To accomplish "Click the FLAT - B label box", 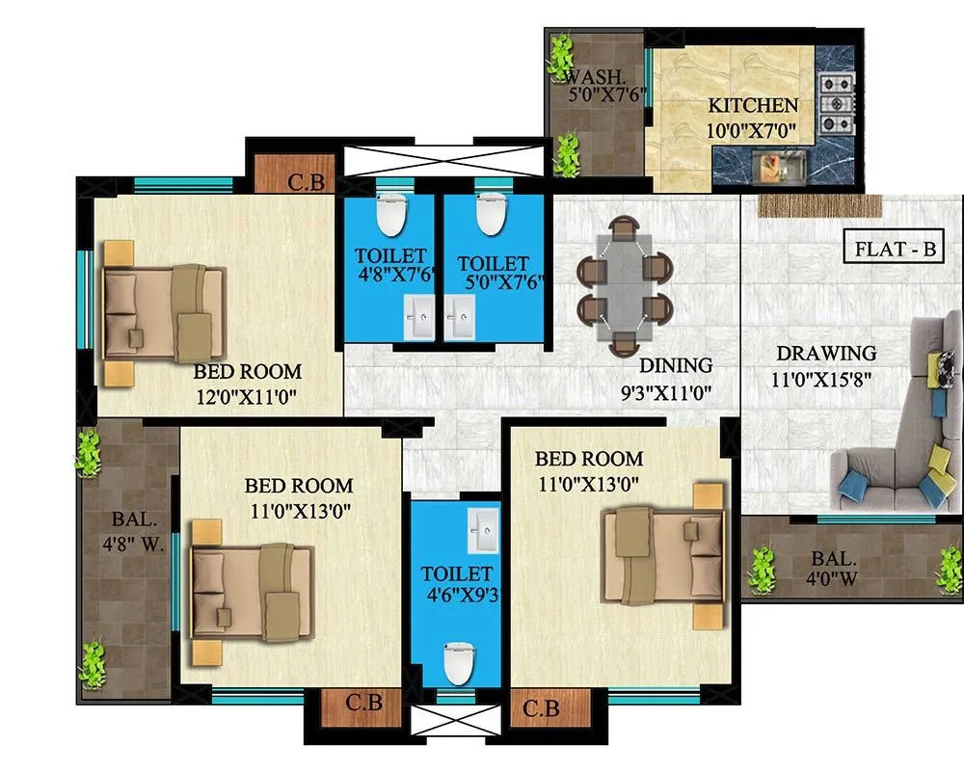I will tap(896, 250).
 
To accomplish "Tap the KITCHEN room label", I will tap(753, 106).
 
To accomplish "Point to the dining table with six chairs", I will tap(624, 285).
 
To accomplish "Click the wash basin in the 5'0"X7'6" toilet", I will tap(462, 312).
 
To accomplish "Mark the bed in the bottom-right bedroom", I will tap(665, 556).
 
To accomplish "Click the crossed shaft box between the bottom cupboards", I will tap(457, 719).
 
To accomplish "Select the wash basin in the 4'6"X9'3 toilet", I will tap(482, 525).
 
